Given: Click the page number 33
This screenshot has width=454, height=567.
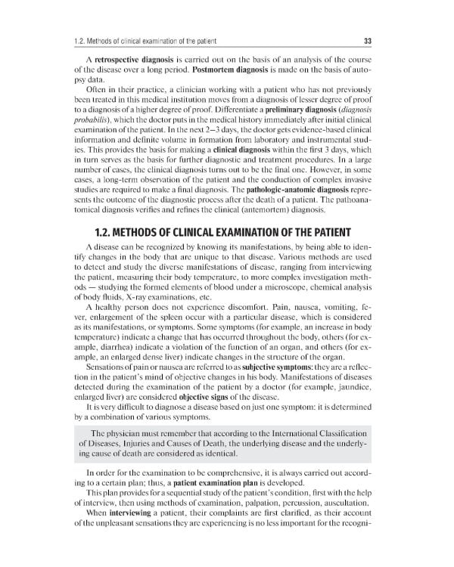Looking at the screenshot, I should coord(368,40).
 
